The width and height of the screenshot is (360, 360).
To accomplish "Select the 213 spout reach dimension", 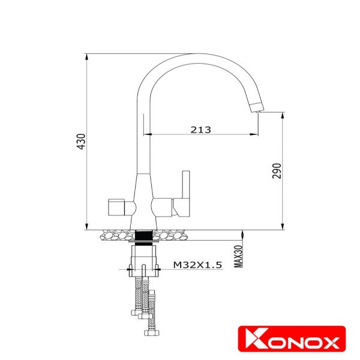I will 200,129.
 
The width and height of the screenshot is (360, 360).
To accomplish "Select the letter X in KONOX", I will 328,342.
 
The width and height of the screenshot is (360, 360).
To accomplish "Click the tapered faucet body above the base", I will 144,189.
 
